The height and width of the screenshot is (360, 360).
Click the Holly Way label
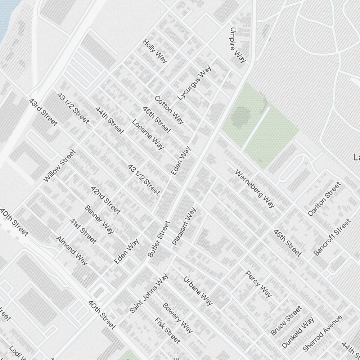155,51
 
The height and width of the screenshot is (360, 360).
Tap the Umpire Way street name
238,45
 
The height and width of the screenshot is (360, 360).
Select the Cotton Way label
169,109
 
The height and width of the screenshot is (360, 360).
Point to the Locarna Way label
148,134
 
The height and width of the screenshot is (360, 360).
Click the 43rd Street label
43,112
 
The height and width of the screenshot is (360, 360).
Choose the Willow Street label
60,166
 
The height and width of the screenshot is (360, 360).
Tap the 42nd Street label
105,200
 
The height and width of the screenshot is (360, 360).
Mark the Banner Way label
99,219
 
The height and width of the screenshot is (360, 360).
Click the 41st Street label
83,231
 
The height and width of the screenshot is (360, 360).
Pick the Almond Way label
72,250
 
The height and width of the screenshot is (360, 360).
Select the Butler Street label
158,239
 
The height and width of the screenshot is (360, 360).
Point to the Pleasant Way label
184,226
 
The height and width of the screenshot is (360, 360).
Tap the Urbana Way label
198,291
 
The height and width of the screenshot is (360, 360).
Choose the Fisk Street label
167,330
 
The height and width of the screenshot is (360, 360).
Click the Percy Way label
258,284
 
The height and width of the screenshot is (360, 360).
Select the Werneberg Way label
255,189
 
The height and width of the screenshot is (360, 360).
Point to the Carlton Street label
324,199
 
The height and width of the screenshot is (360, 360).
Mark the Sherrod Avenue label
322,333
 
